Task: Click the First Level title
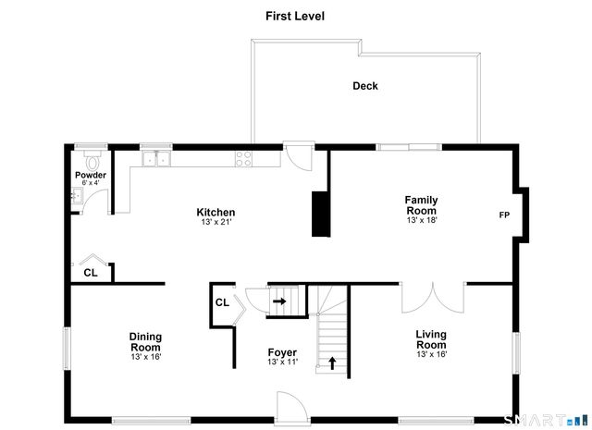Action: (x=295, y=17)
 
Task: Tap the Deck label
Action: (x=365, y=86)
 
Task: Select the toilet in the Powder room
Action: (x=92, y=160)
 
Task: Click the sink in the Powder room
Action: (x=77, y=195)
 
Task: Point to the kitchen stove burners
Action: (x=243, y=158)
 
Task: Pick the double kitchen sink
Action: (x=156, y=158)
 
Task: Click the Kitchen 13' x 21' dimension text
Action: (x=216, y=222)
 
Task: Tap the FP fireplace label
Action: (x=504, y=215)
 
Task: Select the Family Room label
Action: (x=422, y=205)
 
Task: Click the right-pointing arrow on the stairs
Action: (x=279, y=301)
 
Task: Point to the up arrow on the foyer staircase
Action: (x=332, y=363)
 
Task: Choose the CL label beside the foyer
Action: (x=222, y=302)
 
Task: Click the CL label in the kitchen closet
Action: (x=91, y=273)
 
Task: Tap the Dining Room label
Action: (x=145, y=341)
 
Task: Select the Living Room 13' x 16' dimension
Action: (x=432, y=354)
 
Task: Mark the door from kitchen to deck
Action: (x=300, y=156)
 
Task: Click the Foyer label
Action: (x=282, y=352)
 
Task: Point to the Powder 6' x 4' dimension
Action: (x=91, y=183)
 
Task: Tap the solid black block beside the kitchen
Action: (x=321, y=214)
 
